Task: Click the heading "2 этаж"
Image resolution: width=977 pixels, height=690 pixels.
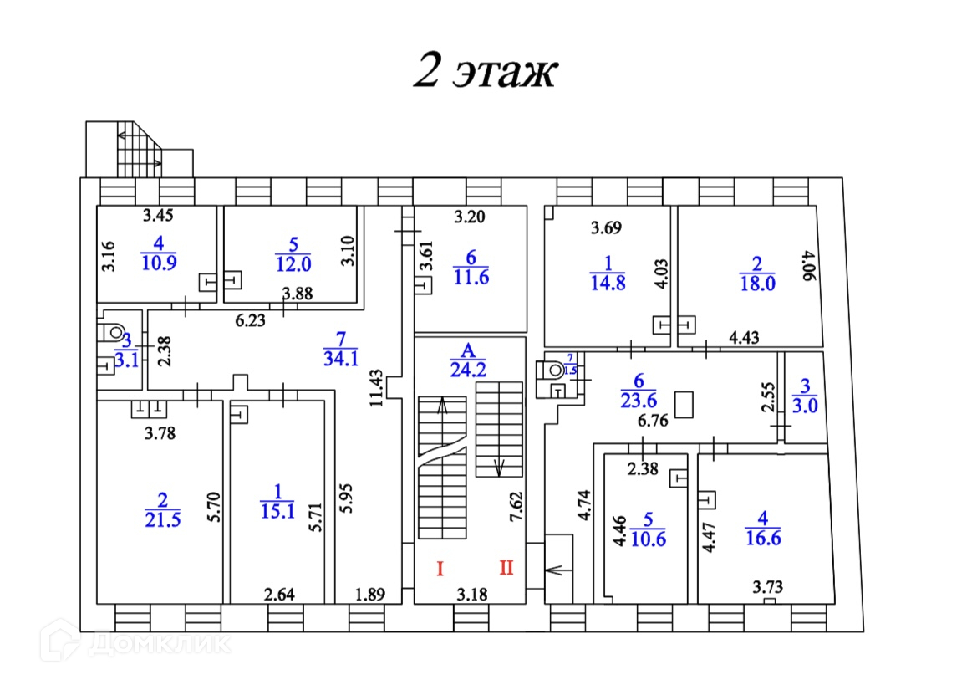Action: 485,71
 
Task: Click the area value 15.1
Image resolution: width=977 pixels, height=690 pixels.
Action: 278,510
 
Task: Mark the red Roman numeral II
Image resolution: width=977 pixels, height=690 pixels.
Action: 506,569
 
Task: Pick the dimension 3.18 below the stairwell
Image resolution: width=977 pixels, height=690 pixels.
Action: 471,595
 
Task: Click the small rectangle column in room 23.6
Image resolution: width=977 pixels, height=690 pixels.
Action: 685,406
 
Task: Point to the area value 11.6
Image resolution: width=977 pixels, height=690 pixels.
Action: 471,278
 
